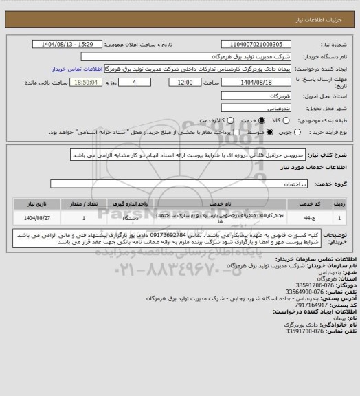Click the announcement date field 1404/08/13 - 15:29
coord(67,44)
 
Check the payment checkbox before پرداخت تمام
coord(236,131)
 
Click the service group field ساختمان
coord(172,185)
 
